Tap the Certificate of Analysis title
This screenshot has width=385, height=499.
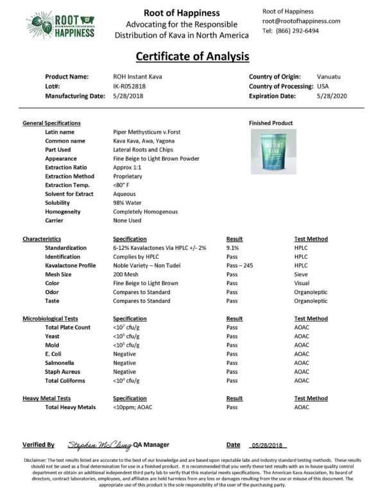[x=192, y=57]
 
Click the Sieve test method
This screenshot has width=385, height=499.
[x=301, y=274]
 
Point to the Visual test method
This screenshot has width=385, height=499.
[x=302, y=283]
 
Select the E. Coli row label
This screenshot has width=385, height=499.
[x=55, y=354]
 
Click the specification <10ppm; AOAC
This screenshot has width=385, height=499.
[x=134, y=407]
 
